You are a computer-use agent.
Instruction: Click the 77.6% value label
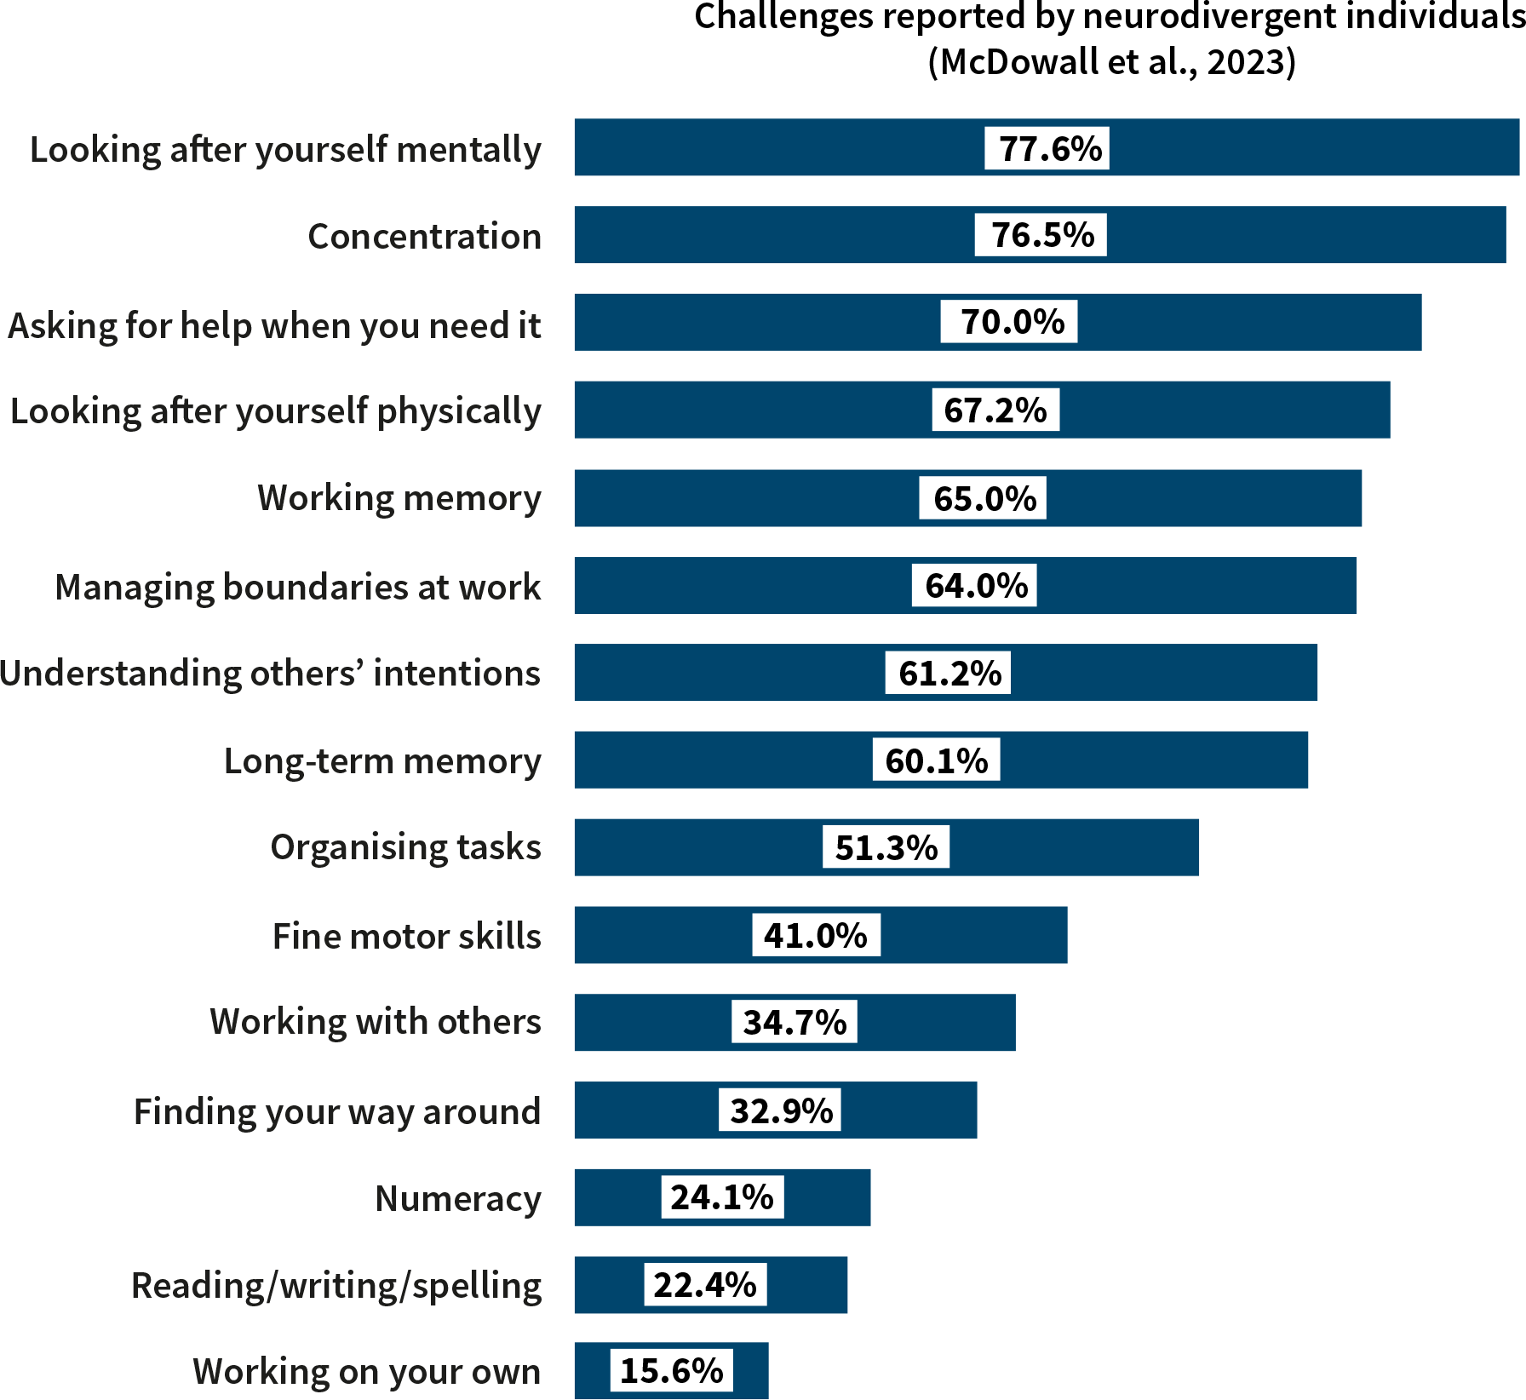(x=1047, y=148)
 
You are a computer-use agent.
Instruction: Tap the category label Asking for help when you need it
(x=274, y=325)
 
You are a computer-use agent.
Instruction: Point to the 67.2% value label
(x=995, y=410)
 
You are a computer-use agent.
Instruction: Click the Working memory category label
(x=399, y=498)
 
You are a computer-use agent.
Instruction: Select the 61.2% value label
(x=948, y=673)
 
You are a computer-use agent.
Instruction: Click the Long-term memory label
(x=381, y=760)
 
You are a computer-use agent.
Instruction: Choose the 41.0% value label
(x=815, y=935)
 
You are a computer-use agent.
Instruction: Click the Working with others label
(x=375, y=1021)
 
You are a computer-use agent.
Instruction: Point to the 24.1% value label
(x=721, y=1196)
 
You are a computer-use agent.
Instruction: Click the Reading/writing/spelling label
(x=336, y=1285)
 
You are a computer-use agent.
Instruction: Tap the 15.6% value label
(x=671, y=1370)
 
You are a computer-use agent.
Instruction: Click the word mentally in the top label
(x=468, y=150)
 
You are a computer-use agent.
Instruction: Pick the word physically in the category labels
(x=459, y=411)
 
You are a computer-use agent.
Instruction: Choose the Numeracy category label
(x=457, y=1198)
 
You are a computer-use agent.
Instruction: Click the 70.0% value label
(x=1008, y=322)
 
